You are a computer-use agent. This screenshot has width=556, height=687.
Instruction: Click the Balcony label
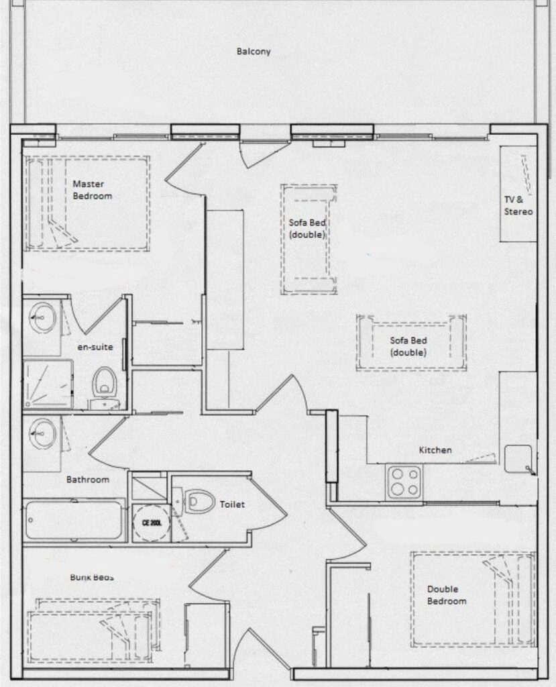pyautogui.click(x=254, y=51)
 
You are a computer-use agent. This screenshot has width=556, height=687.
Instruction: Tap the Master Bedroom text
pyautogui.click(x=92, y=190)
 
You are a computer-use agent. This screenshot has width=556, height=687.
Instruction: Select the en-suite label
pyautogui.click(x=95, y=347)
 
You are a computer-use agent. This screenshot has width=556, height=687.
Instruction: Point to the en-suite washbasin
pyautogui.click(x=42, y=315)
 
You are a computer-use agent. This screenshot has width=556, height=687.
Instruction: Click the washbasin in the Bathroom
pyautogui.click(x=42, y=433)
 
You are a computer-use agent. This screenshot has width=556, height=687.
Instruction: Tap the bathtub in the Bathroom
pyautogui.click(x=74, y=520)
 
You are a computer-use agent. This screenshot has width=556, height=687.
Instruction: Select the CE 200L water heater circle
pyautogui.click(x=151, y=523)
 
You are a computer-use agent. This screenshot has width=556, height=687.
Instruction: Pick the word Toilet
pyautogui.click(x=232, y=505)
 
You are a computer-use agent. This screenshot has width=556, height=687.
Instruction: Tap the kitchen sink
pyautogui.click(x=518, y=459)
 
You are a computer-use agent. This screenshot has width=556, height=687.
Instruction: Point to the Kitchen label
pyautogui.click(x=435, y=450)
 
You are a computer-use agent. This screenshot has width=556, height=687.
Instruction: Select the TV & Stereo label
pyautogui.click(x=518, y=205)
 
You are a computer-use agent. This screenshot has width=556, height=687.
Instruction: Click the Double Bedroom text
pyautogui.click(x=447, y=595)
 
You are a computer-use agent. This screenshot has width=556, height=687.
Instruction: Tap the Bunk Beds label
pyautogui.click(x=92, y=577)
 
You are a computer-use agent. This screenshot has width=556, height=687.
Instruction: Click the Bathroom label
pyautogui.click(x=88, y=479)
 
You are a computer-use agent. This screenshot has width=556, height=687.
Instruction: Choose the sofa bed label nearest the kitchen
pyautogui.click(x=408, y=346)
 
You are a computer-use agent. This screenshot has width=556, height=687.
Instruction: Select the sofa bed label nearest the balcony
pyautogui.click(x=307, y=228)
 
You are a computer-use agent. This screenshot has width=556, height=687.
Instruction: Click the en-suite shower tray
pyautogui.click(x=48, y=384)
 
